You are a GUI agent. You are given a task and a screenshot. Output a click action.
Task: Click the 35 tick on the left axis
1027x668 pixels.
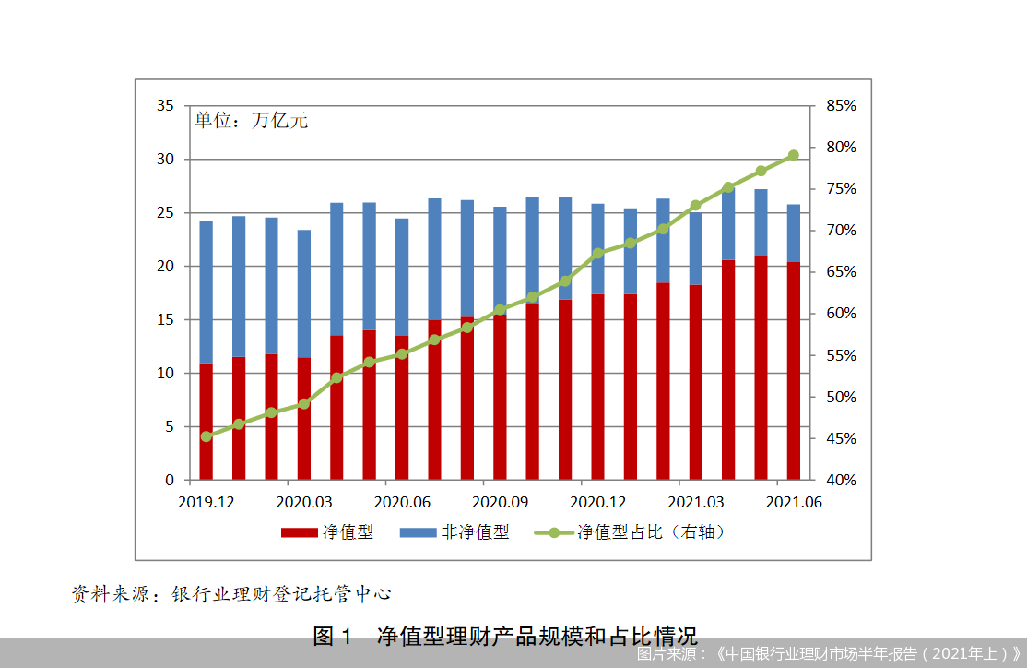pos(165,106)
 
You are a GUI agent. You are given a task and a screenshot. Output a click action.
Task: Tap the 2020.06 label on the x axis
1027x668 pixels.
pos(403,502)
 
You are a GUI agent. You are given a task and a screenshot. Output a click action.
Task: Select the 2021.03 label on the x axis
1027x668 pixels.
pos(695,502)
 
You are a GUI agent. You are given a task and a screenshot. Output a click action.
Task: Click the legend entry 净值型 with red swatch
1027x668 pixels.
pos(326,532)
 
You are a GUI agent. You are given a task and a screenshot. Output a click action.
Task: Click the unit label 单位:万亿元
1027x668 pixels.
pos(250,121)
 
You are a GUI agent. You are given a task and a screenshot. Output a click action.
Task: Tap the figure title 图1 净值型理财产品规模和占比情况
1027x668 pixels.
pos(505,636)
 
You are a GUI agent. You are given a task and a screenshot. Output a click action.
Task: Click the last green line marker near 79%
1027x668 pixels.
pos(793,155)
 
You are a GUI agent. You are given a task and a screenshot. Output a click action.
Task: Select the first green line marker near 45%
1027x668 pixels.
pos(206,436)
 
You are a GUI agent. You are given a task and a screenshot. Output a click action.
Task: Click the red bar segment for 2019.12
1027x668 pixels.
pos(206,423)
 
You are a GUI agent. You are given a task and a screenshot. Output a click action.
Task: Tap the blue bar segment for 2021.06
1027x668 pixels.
pos(793,233)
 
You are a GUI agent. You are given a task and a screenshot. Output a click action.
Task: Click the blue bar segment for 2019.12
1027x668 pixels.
pos(206,292)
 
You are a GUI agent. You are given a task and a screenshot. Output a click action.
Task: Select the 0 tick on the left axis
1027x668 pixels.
pos(170,480)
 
